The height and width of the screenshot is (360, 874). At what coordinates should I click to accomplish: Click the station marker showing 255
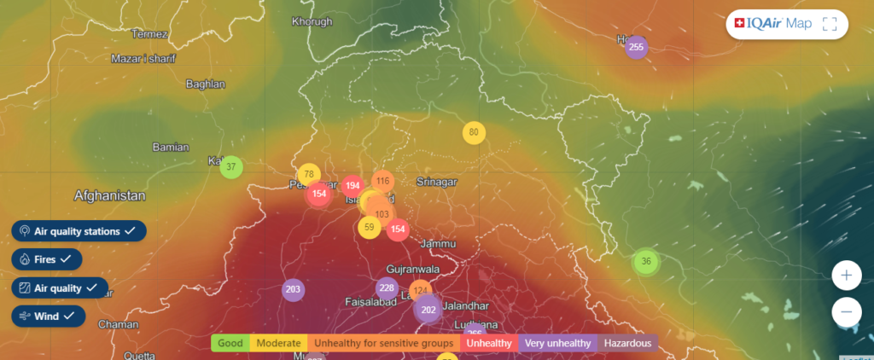tap(635, 47)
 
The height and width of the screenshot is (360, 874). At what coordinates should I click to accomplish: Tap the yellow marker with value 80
tap(475, 132)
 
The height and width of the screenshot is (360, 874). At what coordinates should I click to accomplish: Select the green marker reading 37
tap(231, 166)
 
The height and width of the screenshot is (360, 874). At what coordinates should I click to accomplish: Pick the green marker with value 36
tap(646, 261)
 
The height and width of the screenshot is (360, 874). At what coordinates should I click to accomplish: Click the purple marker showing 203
tap(294, 290)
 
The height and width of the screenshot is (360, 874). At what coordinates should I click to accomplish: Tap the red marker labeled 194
tap(353, 186)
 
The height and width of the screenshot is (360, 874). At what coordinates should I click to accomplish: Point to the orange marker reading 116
tap(382, 181)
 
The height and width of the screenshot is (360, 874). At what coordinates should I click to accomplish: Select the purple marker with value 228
tap(387, 288)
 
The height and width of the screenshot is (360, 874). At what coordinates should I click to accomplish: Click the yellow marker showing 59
tap(369, 227)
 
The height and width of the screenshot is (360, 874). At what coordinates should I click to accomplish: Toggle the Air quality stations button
tap(79, 231)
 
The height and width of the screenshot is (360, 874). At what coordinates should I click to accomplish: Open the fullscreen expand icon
tap(830, 24)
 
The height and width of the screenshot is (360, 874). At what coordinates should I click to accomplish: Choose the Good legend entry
tap(230, 343)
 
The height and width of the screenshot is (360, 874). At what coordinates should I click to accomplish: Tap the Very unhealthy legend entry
tap(557, 343)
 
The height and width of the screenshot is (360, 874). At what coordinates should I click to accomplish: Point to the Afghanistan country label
tap(109, 195)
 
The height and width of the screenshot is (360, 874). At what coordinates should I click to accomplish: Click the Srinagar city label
tap(437, 182)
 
